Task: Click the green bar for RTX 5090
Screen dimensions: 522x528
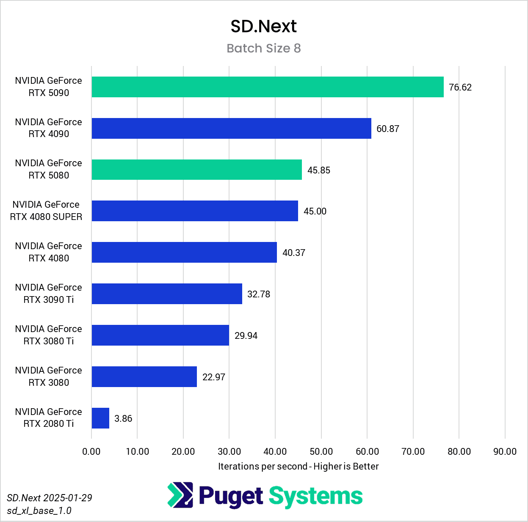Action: point(268,87)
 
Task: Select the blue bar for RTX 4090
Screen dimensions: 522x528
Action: point(231,128)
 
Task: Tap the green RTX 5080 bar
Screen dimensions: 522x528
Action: point(196,170)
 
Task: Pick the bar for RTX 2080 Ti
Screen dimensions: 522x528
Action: point(100,418)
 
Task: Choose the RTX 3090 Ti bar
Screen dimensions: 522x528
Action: point(167,294)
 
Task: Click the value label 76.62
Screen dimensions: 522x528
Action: point(460,87)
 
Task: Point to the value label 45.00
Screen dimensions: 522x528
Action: point(315,211)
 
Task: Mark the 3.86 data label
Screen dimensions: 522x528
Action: point(123,418)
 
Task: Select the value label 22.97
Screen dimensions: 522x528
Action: point(214,377)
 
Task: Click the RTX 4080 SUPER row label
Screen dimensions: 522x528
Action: point(46,211)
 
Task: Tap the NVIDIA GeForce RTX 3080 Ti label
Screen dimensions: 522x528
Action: point(49,335)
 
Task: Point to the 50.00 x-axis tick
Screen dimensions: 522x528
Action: point(321,451)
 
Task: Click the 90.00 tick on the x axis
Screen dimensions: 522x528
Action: point(505,451)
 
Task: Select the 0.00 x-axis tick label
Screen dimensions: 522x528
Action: point(91,451)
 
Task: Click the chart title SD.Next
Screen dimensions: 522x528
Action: point(263,26)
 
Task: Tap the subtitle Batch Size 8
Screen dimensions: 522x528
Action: point(263,48)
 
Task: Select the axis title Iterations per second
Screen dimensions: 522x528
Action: point(298,466)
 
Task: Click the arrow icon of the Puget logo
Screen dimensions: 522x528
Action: point(180,495)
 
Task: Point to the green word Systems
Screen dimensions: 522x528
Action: point(315,496)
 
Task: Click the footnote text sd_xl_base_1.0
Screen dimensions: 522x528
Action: point(39,511)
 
